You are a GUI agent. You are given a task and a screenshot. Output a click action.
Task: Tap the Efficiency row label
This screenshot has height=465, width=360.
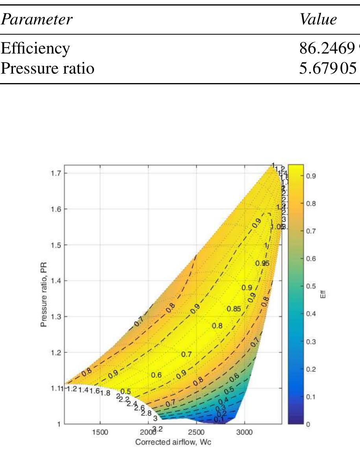click(35, 49)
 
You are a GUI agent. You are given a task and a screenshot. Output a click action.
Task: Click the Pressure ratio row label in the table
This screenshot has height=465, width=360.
click(47, 69)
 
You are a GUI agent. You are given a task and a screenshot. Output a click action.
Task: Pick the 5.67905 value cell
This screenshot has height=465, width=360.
click(328, 69)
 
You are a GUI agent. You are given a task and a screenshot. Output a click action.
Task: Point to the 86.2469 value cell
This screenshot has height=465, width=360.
click(328, 49)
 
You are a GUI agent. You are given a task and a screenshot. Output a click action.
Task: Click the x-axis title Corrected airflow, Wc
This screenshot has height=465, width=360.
click(173, 442)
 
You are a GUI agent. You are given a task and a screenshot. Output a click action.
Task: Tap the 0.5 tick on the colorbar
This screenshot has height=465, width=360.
click(311, 286)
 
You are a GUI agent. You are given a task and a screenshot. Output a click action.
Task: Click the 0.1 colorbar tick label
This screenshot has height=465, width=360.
click(311, 396)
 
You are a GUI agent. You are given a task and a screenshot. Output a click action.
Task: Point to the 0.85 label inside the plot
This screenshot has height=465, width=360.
click(234, 309)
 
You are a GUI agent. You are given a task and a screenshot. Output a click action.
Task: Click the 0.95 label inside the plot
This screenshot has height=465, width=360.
click(262, 263)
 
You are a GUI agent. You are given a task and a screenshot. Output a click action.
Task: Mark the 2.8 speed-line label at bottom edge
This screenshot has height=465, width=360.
click(146, 413)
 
